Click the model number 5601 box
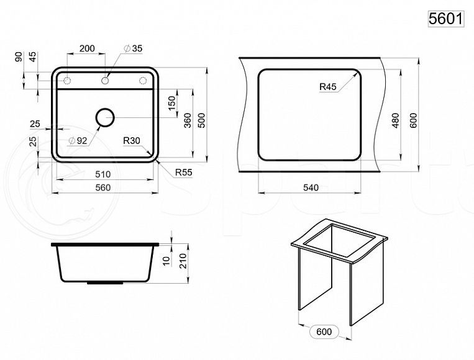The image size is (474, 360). (x=446, y=19)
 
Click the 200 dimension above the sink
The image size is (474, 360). (x=87, y=48)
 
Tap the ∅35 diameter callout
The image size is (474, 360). (x=133, y=48)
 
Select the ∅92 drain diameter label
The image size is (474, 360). (x=78, y=140)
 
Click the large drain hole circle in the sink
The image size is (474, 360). (x=105, y=117)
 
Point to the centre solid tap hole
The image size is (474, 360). (x=105, y=81)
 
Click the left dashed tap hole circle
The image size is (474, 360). (x=67, y=81)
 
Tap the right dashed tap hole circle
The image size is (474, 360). (x=143, y=81)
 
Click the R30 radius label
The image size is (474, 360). (x=132, y=140)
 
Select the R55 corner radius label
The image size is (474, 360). (x=183, y=173)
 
